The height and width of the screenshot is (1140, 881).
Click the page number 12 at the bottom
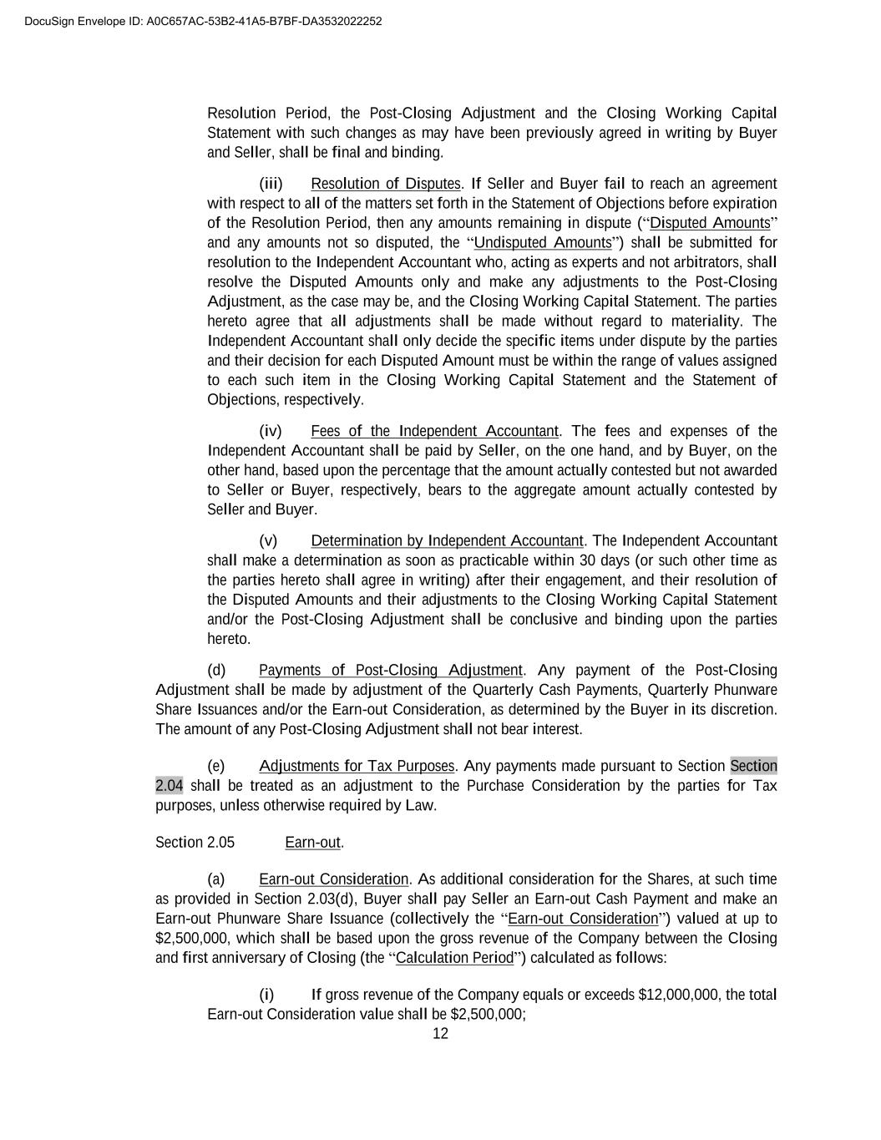point(440,1034)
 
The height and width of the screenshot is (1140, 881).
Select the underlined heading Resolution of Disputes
point(385,184)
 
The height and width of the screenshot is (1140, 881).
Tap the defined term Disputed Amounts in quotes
point(710,223)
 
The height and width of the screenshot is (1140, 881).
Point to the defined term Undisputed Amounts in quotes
point(543,243)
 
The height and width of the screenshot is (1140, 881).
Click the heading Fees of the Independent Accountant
point(434,431)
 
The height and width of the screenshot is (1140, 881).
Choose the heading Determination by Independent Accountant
point(447,541)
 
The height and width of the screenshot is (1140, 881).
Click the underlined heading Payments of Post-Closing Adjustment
point(390,671)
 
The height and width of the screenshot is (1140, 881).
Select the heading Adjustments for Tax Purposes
point(357,767)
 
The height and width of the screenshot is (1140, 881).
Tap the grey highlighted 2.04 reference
point(169,786)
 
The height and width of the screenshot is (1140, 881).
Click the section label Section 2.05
point(195,843)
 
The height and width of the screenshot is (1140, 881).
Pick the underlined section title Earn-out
point(312,843)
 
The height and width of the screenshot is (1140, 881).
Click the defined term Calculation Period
point(454,958)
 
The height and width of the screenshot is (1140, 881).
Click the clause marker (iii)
point(271,184)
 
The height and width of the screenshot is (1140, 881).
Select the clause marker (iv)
point(271,431)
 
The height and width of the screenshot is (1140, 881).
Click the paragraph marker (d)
point(216,671)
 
